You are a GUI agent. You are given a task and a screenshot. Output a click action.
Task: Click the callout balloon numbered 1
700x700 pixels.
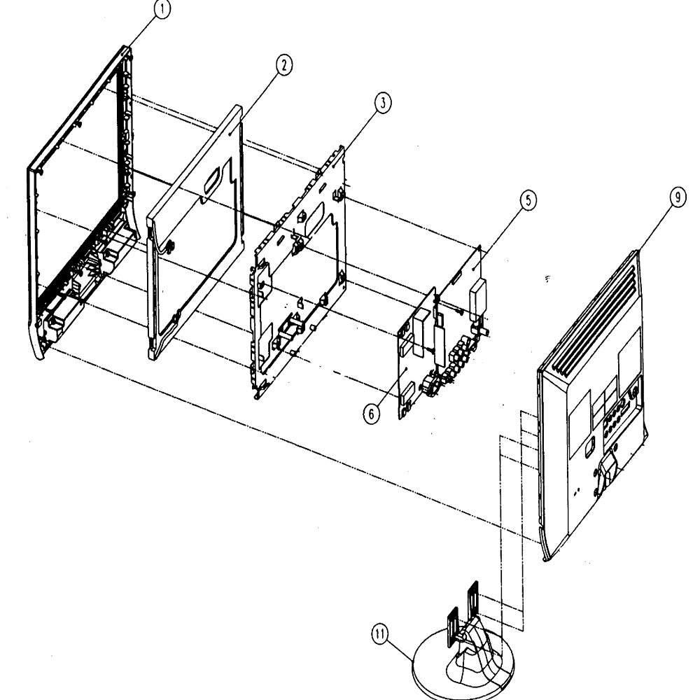pyautogui.click(x=162, y=9)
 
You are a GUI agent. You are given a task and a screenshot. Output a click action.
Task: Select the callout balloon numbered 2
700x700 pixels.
pyautogui.click(x=284, y=65)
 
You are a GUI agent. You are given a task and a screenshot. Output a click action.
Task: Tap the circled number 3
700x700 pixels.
pyautogui.click(x=383, y=103)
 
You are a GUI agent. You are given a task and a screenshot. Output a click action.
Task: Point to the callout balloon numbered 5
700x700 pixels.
pyautogui.click(x=528, y=200)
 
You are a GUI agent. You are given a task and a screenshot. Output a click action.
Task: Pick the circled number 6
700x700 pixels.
pyautogui.click(x=372, y=414)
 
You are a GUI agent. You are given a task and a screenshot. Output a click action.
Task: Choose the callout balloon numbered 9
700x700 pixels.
pyautogui.click(x=678, y=197)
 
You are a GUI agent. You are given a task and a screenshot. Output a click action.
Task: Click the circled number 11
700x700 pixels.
pyautogui.click(x=380, y=635)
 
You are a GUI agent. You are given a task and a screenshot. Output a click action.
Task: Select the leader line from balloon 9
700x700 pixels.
pyautogui.click(x=656, y=227)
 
